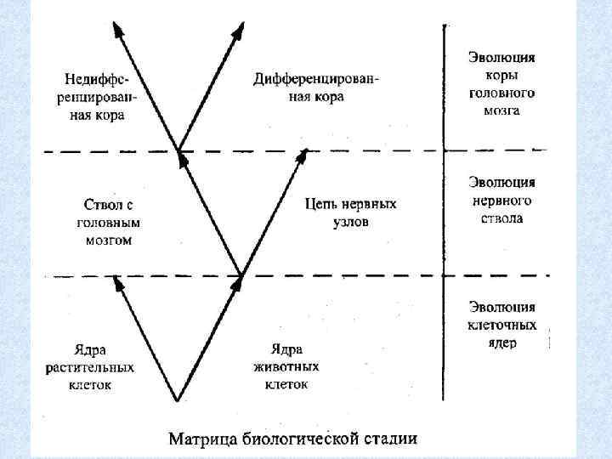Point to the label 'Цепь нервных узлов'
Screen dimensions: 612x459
point(350,212)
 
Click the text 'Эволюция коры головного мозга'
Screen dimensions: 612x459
point(501,83)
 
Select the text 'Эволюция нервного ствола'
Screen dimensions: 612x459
point(501,201)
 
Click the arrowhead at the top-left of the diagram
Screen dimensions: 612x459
point(119,31)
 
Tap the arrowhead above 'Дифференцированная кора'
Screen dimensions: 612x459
point(239,31)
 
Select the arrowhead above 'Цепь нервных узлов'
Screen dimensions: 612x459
point(303,153)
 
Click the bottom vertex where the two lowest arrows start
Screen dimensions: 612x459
point(178,398)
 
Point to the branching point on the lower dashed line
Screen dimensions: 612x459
point(241,275)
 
